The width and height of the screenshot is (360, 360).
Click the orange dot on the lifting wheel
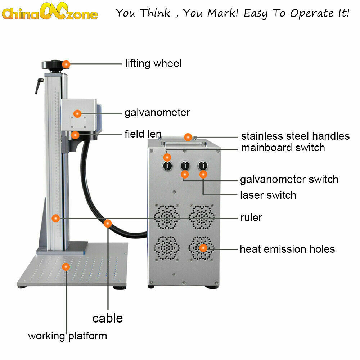click(x=66, y=64)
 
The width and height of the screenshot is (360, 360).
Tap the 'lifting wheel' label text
click(x=153, y=63)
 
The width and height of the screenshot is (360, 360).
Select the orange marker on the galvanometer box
click(x=77, y=113)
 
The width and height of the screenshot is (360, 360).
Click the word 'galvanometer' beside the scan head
click(x=157, y=112)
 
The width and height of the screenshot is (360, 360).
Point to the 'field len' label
click(x=143, y=134)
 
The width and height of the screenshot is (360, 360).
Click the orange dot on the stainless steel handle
click(x=188, y=137)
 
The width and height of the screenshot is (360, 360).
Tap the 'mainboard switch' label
click(x=283, y=148)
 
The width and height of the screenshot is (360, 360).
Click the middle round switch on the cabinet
click(x=185, y=166)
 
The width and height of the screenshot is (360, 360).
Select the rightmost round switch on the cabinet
click(x=203, y=166)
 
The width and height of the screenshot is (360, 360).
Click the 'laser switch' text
click(x=268, y=195)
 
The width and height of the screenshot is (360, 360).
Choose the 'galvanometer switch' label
click(x=289, y=179)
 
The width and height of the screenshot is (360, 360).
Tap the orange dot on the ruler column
click(x=55, y=218)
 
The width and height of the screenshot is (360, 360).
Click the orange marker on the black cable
click(x=107, y=224)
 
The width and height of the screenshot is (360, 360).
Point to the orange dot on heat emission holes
click(x=203, y=248)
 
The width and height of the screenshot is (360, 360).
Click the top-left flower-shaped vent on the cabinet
click(x=167, y=217)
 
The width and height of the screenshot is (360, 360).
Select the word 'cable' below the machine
click(x=107, y=318)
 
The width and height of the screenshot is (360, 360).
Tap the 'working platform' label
click(x=67, y=336)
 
